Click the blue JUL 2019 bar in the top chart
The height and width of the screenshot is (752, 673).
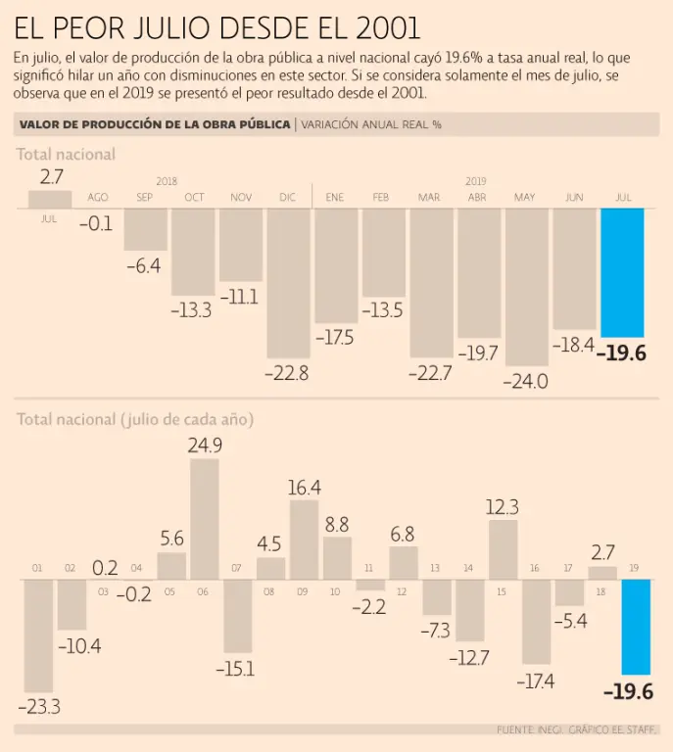[622, 272]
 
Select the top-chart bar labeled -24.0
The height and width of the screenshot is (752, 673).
[526, 286]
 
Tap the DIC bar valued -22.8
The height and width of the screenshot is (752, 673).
[287, 282]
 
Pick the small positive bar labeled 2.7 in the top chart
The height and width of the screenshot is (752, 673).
[50, 199]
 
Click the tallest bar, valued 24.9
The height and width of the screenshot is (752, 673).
[204, 519]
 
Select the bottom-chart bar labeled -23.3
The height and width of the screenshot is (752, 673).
[38, 635]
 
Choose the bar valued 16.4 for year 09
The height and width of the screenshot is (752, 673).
[304, 540]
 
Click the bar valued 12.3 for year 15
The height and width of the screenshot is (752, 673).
[503, 549]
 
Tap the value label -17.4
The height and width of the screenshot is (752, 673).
[536, 681]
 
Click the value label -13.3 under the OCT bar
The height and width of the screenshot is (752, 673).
[191, 310]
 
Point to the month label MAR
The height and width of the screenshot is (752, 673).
[429, 198]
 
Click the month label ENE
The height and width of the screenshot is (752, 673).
[335, 198]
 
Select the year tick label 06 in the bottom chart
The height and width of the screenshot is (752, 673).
[204, 592]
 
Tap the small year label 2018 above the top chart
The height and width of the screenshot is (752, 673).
[167, 182]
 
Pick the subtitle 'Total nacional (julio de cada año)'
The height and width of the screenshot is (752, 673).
[135, 420]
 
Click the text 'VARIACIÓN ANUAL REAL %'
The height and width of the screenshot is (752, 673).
[371, 124]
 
